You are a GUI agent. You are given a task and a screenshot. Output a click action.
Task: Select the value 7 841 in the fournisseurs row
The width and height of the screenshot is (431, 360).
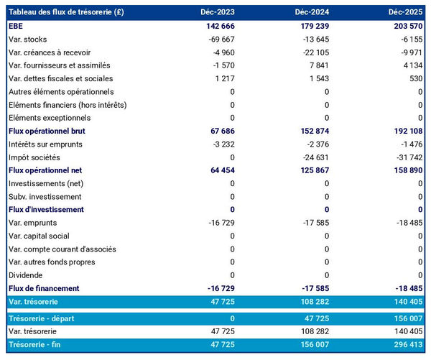317,65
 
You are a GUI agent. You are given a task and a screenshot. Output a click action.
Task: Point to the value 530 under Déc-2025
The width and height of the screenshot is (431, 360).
416,78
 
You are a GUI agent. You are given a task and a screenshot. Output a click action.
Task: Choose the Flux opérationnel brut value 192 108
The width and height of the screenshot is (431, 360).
404,131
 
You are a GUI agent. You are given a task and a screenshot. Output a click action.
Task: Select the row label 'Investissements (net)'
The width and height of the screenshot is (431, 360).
46,183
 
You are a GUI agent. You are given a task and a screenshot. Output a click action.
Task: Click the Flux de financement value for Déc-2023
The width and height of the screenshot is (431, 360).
218,288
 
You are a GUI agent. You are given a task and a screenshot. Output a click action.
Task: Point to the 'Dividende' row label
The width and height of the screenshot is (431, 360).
27,275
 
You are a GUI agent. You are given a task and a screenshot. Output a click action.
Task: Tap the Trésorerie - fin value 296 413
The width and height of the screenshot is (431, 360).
404,346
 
